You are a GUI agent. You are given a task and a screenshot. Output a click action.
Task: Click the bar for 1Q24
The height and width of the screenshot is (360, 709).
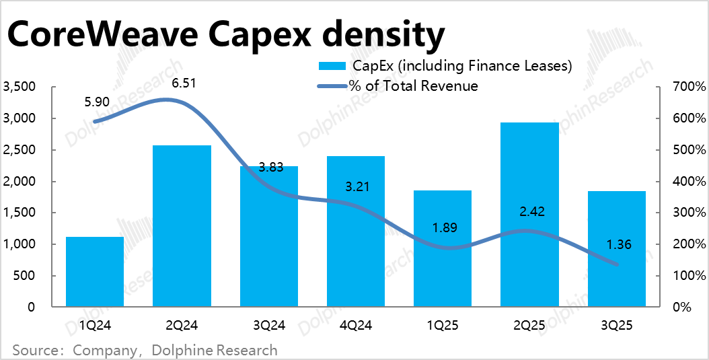(95, 272)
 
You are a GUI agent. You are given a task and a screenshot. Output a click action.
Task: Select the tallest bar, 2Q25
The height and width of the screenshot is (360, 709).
(529, 215)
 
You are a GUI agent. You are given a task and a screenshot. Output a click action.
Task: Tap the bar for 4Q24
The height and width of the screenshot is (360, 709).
(356, 231)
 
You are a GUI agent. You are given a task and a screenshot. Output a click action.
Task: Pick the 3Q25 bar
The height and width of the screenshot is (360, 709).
(617, 249)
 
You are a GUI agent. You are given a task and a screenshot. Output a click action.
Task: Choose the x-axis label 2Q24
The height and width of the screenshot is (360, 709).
(182, 326)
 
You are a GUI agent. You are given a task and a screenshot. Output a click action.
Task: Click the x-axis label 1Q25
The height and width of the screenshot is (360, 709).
(443, 326)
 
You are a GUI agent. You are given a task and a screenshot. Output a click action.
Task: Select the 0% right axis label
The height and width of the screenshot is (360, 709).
(683, 308)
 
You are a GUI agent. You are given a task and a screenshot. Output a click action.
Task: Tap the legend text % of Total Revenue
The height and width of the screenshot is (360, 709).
(413, 85)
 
